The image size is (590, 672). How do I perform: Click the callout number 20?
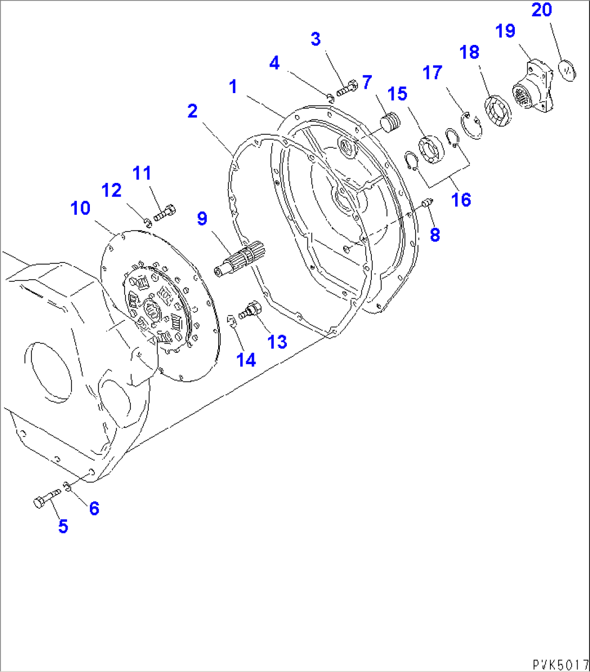click(x=541, y=10)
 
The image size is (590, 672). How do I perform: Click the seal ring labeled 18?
click(x=497, y=111)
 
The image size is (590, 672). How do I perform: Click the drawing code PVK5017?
click(x=560, y=663)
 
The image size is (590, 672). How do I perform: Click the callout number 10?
click(x=81, y=208)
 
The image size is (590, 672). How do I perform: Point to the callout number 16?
click(x=461, y=200)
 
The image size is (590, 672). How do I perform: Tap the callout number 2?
click(x=192, y=111)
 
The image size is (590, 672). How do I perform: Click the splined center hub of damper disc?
click(x=150, y=311)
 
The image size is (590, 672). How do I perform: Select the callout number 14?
click(x=246, y=359)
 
